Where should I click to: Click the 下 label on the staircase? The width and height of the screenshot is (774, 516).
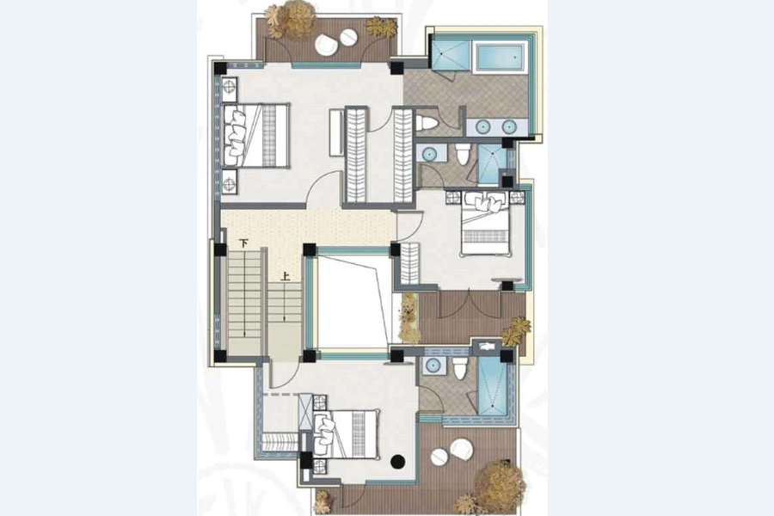point(243,243)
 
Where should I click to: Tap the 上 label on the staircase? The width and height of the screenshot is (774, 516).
point(286,277)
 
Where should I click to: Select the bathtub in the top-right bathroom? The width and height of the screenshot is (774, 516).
point(500,58)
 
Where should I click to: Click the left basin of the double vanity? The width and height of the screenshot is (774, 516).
point(482,127)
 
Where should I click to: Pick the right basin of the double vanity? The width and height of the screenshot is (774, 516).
point(509,127)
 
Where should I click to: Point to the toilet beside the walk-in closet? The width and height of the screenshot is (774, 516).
point(427,123)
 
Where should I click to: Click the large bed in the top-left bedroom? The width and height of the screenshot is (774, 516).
point(255,135)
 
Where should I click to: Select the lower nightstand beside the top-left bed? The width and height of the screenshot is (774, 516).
point(229,182)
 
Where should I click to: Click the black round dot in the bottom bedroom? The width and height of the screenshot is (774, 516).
point(398,462)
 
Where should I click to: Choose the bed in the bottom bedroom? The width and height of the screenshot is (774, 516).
point(346,434)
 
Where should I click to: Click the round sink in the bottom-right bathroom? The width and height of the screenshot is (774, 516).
point(433,365)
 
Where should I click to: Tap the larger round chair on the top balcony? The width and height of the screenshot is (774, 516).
point(326,46)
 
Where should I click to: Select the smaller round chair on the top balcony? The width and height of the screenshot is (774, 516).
point(349,37)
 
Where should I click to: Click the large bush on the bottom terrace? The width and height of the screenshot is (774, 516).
point(500,484)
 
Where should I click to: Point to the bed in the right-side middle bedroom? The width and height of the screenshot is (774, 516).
point(486,224)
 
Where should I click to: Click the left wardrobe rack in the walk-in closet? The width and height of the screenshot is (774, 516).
point(355,155)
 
